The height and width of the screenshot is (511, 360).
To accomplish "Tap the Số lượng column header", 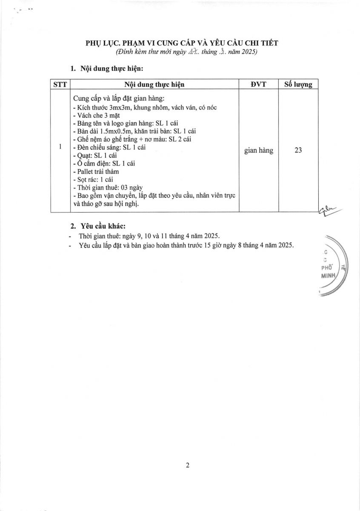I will (298, 84).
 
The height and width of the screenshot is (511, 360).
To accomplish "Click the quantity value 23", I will (298, 150).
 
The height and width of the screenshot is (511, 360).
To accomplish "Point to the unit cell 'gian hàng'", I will (259, 150).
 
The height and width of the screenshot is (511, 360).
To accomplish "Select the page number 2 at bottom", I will (187, 465).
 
